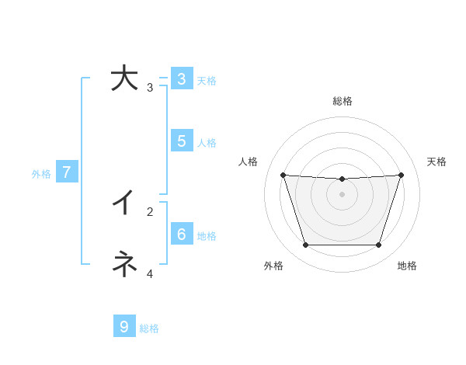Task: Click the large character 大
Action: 124,78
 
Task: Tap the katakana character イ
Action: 124,203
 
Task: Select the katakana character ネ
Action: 124,264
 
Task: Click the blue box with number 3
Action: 181,78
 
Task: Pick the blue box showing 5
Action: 181,141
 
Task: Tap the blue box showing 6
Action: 181,234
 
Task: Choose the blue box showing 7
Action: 67,172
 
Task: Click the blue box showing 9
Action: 124,327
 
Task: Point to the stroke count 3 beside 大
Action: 150,88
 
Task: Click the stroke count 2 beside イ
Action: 150,211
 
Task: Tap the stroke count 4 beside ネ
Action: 150,273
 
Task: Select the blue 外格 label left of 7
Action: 41,174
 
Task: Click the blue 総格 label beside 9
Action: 149,328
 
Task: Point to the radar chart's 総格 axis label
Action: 343,101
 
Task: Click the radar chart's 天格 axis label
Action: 436,162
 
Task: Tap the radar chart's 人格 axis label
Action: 249,162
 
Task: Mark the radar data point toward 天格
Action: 401,175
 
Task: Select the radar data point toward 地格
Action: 378,245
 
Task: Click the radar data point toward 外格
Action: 305,245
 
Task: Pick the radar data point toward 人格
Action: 283,175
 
